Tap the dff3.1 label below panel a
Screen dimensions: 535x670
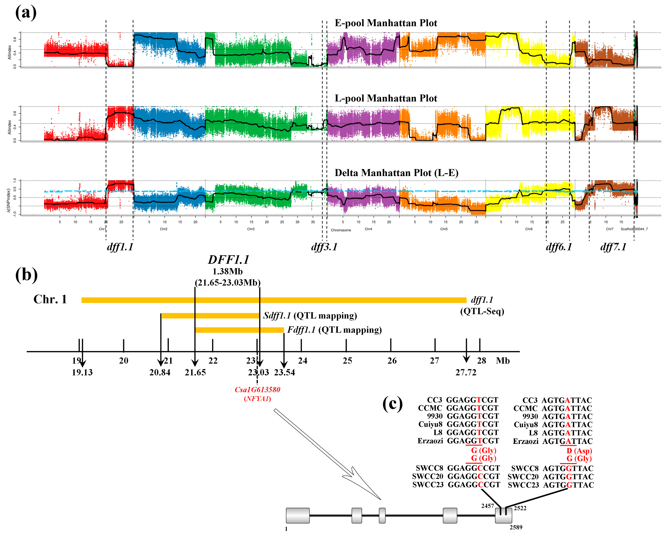coord(324,247)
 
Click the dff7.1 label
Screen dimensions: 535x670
coord(613,247)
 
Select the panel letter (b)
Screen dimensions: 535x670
coord(26,275)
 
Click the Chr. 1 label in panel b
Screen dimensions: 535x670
coord(50,299)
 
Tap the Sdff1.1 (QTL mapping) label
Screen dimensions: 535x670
coord(310,316)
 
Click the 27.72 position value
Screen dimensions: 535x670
coord(466,372)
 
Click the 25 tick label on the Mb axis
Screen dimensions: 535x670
coord(347,361)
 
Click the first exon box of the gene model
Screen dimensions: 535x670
coord(297,516)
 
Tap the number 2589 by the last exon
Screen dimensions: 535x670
coord(515,527)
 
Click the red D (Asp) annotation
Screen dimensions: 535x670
coord(579,451)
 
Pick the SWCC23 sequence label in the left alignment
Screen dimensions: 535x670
coord(428,485)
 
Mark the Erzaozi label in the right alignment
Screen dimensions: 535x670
coord(525,441)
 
